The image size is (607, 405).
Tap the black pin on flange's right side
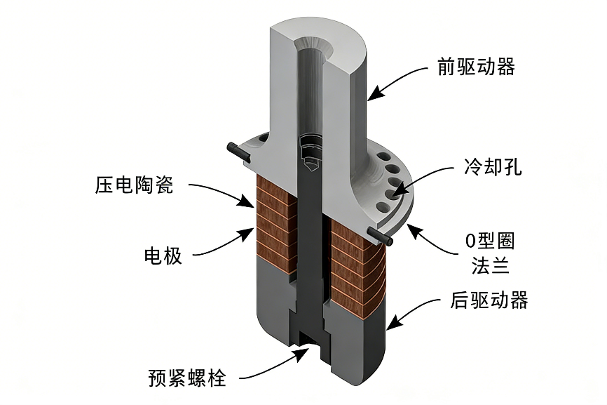pyautogui.click(x=381, y=238)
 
